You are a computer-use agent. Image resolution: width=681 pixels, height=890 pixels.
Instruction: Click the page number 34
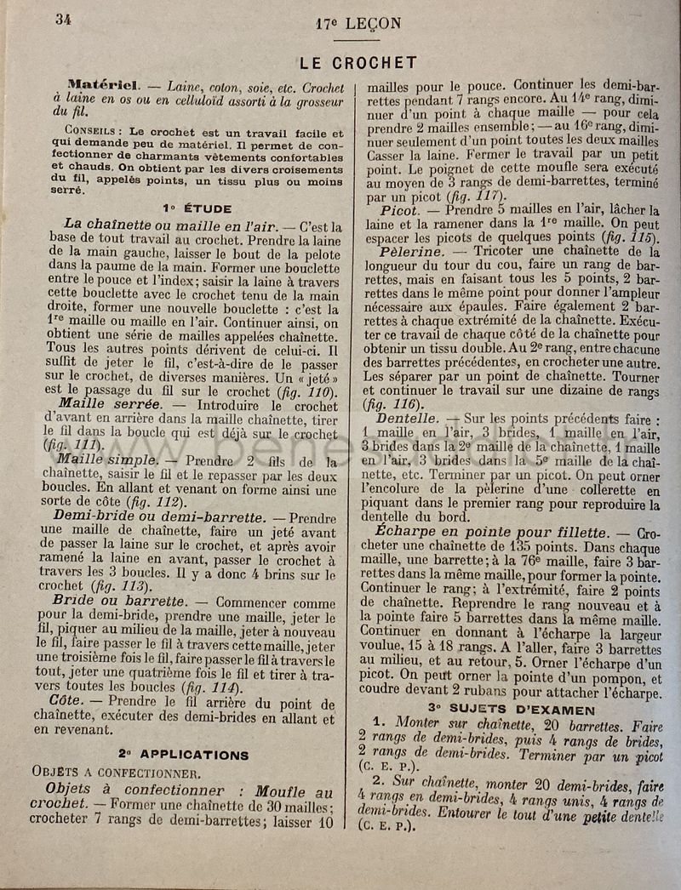pos(64,20)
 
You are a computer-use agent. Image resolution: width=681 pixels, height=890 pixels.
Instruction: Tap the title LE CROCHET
pos(358,63)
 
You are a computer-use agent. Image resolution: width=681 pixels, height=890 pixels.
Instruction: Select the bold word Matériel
pos(103,85)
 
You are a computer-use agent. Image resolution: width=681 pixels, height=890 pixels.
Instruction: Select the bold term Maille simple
pos(107,459)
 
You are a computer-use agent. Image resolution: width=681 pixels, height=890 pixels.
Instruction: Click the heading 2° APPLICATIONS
pos(184,754)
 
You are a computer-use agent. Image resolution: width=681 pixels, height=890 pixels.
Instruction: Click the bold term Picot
pos(399,210)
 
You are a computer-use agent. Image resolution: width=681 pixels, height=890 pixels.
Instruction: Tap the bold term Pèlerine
pos(412,252)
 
